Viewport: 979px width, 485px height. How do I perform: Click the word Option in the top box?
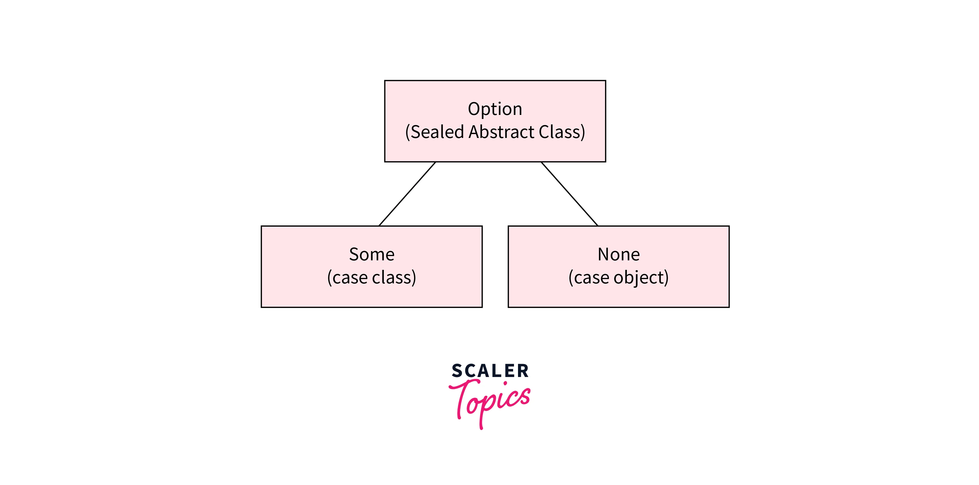point(495,109)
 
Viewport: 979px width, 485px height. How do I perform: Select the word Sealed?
point(437,132)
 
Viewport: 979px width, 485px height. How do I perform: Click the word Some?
point(372,254)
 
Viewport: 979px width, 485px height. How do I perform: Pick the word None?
point(619,254)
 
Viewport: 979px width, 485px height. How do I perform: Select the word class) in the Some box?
point(394,277)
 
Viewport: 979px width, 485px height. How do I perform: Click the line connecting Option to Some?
point(407,194)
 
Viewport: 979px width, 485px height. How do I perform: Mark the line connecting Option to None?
point(569,194)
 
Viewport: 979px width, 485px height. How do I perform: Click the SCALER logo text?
point(490,371)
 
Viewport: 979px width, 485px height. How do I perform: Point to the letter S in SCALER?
point(457,371)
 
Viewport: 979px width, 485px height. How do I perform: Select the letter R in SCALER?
point(523,371)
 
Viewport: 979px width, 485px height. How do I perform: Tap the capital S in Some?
point(354,254)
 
